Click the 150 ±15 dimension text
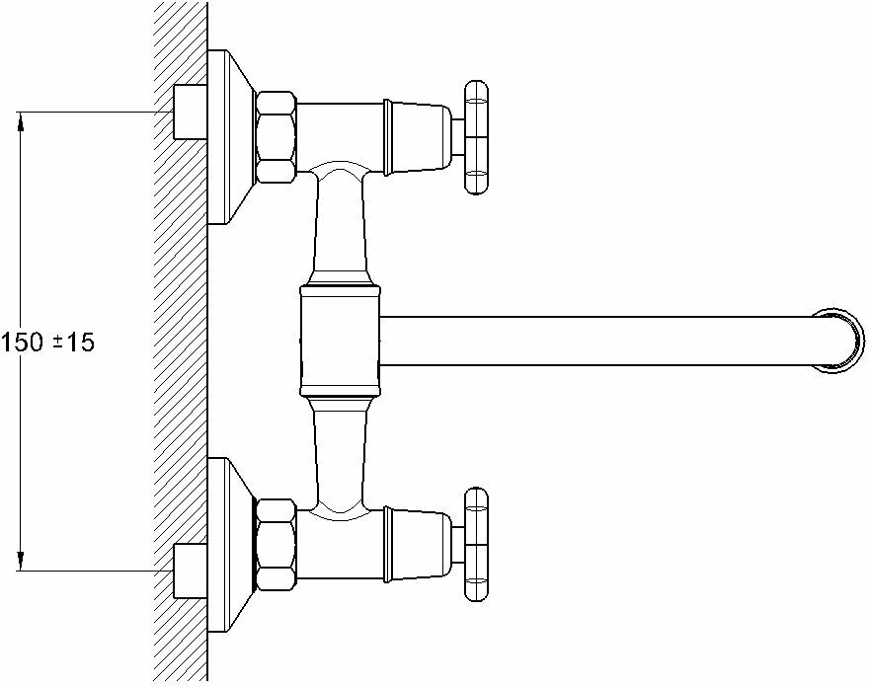47,343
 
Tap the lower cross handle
476,546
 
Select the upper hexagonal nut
276,136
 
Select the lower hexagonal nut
276,546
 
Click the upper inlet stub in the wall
189,113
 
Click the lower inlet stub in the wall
189,570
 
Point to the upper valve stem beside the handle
457,136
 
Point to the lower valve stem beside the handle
457,546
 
